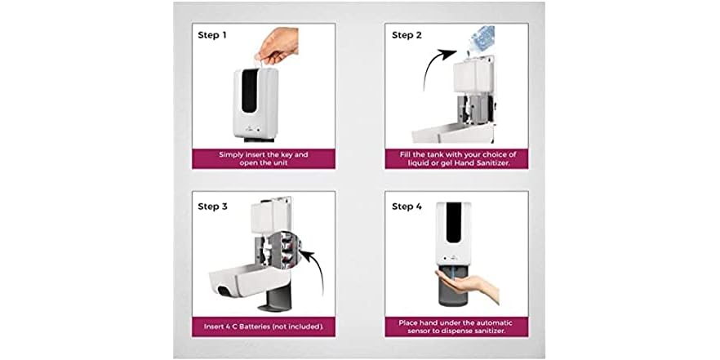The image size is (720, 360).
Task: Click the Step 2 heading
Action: point(407,35)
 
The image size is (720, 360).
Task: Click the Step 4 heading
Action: point(407,207)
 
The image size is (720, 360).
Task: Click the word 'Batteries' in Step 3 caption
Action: point(260,327)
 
